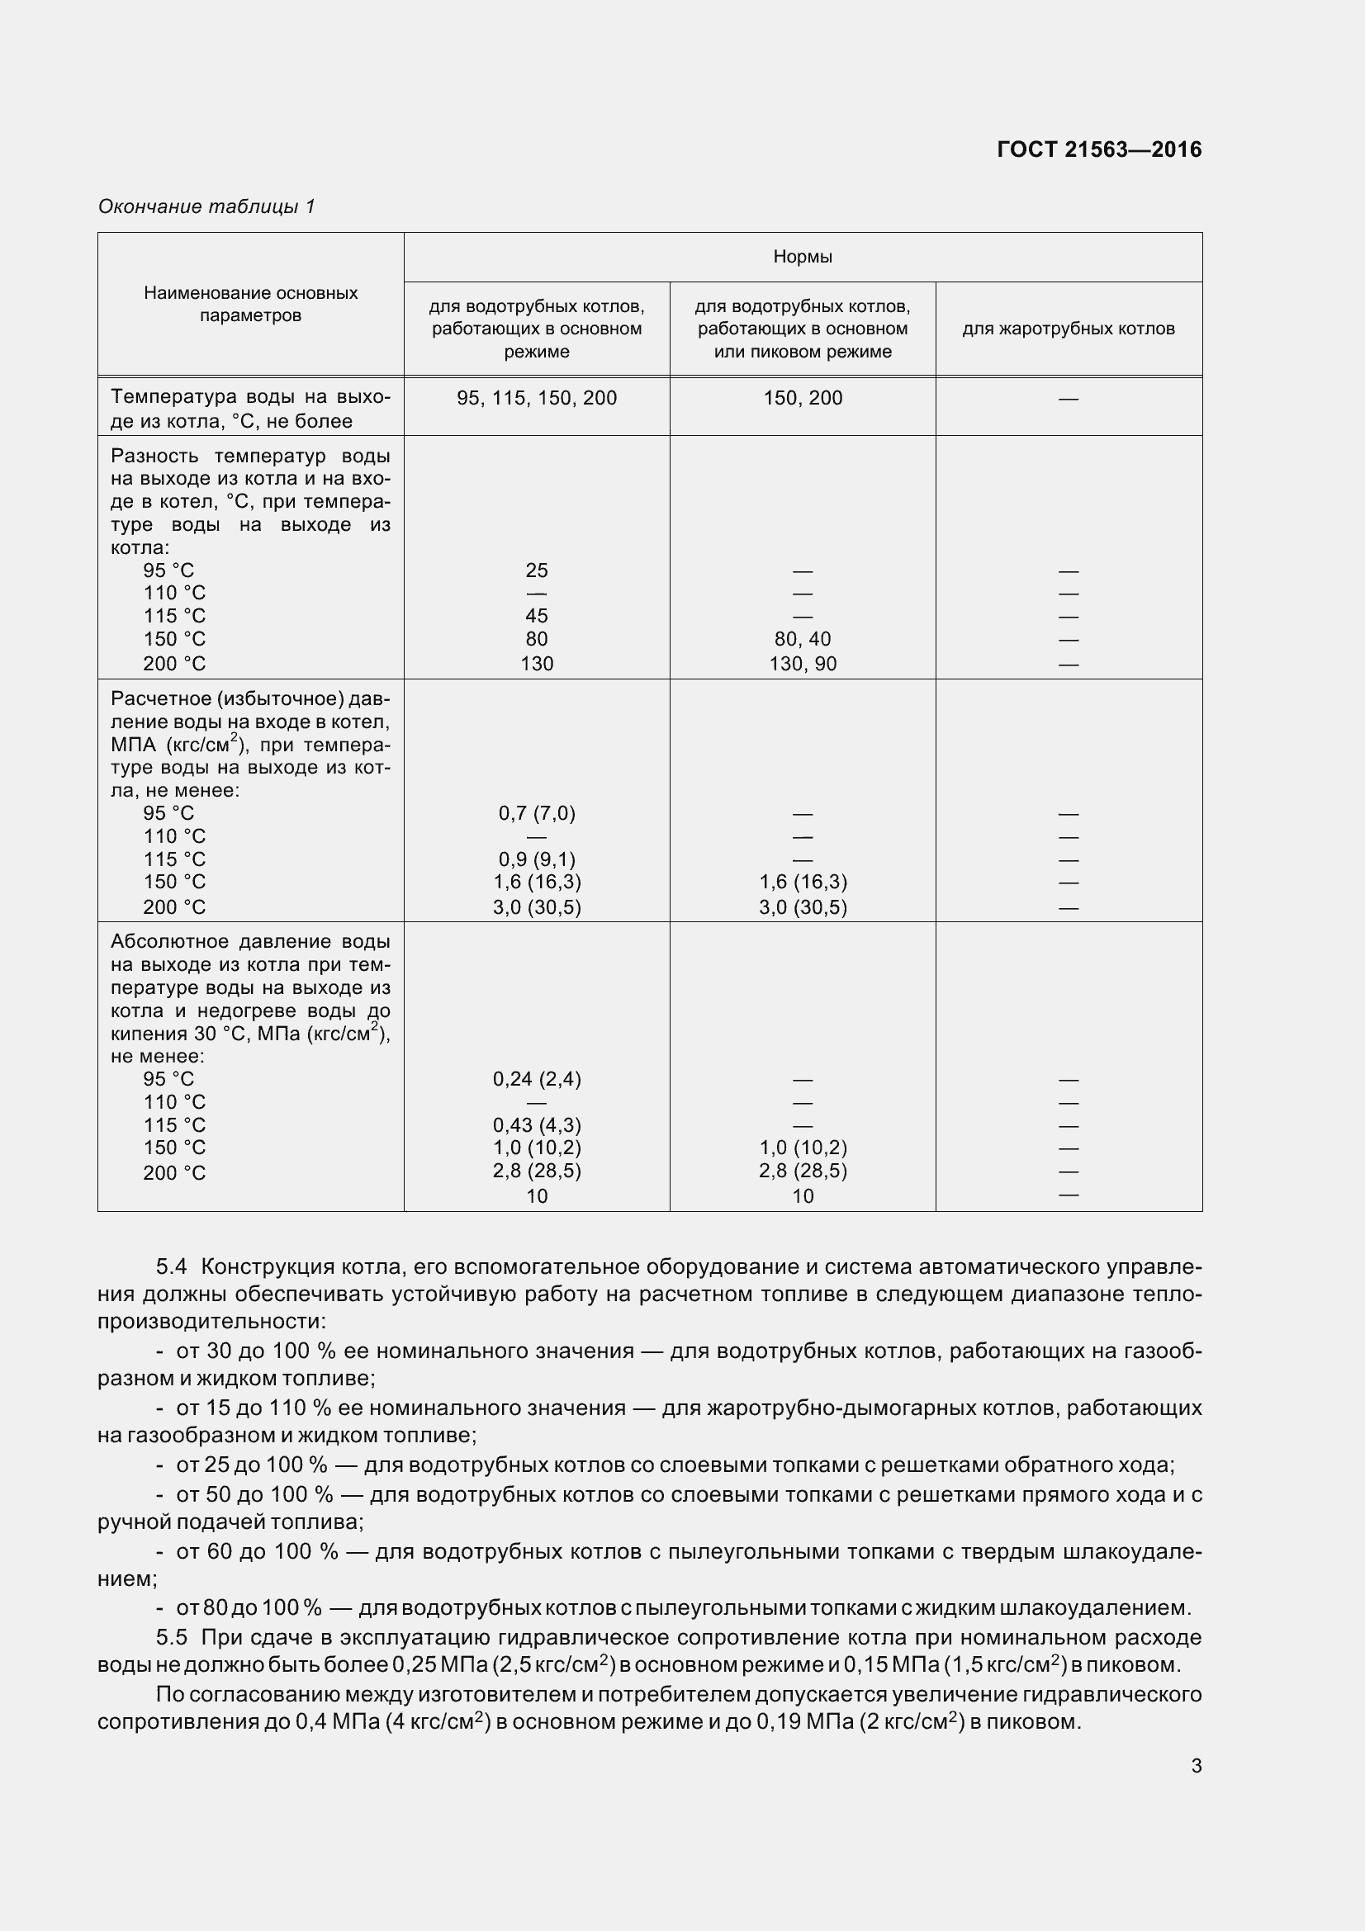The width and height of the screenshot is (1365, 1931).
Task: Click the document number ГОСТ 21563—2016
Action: coord(1098,149)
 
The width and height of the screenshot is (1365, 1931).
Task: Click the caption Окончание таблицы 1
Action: coord(206,206)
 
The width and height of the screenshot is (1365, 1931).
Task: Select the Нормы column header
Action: coord(803,257)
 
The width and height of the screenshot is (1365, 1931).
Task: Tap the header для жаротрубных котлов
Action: coord(1068,329)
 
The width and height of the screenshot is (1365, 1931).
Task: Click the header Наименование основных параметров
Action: coord(251,305)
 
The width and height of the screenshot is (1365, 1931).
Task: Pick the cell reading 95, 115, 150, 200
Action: coord(537,398)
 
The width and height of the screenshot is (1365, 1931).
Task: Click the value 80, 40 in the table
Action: coord(803,639)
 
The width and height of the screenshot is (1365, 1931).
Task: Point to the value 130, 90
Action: coord(803,664)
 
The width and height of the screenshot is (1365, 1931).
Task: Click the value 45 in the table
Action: coord(537,616)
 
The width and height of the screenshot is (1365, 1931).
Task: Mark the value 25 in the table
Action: coord(537,570)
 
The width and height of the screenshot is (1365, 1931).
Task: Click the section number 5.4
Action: coord(172,1266)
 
